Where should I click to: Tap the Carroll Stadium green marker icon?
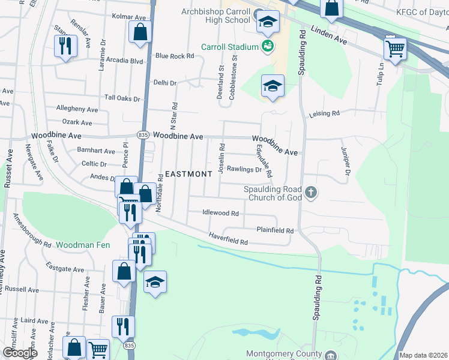[x=268, y=46]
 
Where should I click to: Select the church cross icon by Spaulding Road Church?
[x=310, y=193]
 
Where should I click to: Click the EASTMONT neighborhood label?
[x=188, y=174]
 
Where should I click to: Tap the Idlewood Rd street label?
[x=220, y=213]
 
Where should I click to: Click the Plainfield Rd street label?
[x=275, y=230]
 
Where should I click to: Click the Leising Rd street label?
[x=324, y=113]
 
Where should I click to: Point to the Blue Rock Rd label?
[x=175, y=56]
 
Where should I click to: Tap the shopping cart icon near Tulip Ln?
[x=395, y=49]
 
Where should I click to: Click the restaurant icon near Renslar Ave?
[x=65, y=46]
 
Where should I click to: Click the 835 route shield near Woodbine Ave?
[x=142, y=136]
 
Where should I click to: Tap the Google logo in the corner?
[x=20, y=353]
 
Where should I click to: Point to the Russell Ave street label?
[x=22, y=289]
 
